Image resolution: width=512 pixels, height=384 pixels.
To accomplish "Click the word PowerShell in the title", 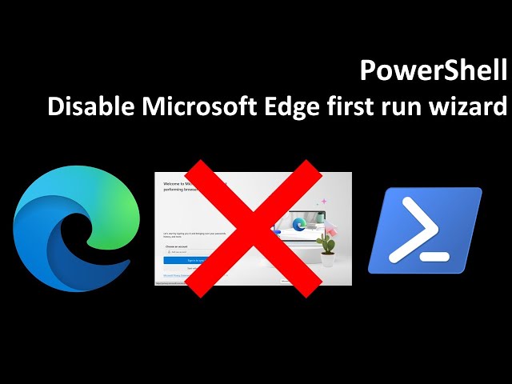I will pos(434,72).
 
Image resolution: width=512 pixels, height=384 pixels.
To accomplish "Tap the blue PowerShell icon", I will pos(425,230).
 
